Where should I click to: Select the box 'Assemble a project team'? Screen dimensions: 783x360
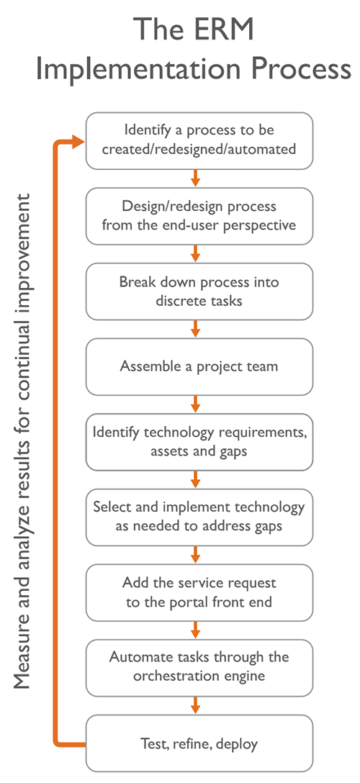[x=199, y=366]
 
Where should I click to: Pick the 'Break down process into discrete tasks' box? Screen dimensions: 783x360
[x=199, y=291]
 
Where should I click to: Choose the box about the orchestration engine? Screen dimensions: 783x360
[x=199, y=666]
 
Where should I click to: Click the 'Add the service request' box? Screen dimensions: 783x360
[x=199, y=592]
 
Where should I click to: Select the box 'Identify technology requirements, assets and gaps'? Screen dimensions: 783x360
[x=199, y=441]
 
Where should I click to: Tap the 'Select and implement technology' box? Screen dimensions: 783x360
[x=199, y=516]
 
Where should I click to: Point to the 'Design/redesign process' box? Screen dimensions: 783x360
[x=199, y=215]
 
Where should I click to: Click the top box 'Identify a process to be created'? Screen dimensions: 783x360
[x=199, y=140]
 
